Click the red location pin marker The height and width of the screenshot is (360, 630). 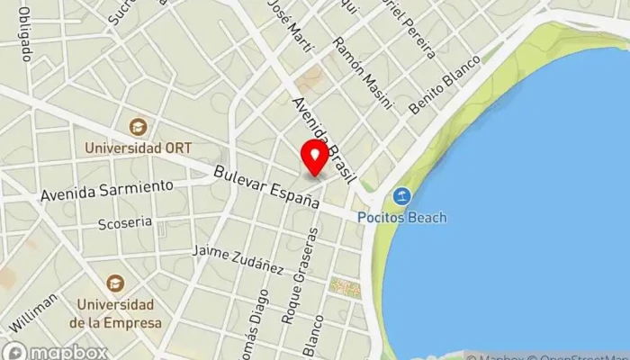(x=314, y=157)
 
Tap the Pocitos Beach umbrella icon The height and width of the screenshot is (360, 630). (x=400, y=196)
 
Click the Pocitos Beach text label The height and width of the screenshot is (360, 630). (x=400, y=217)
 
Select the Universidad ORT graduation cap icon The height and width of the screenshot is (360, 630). (x=138, y=128)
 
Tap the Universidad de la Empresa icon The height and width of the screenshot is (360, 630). (x=114, y=283)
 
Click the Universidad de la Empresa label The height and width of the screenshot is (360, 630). (x=114, y=312)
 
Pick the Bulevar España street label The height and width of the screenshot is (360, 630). (x=268, y=188)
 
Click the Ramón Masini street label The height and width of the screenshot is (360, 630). (x=363, y=72)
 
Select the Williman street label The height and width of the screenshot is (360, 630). (x=33, y=310)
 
